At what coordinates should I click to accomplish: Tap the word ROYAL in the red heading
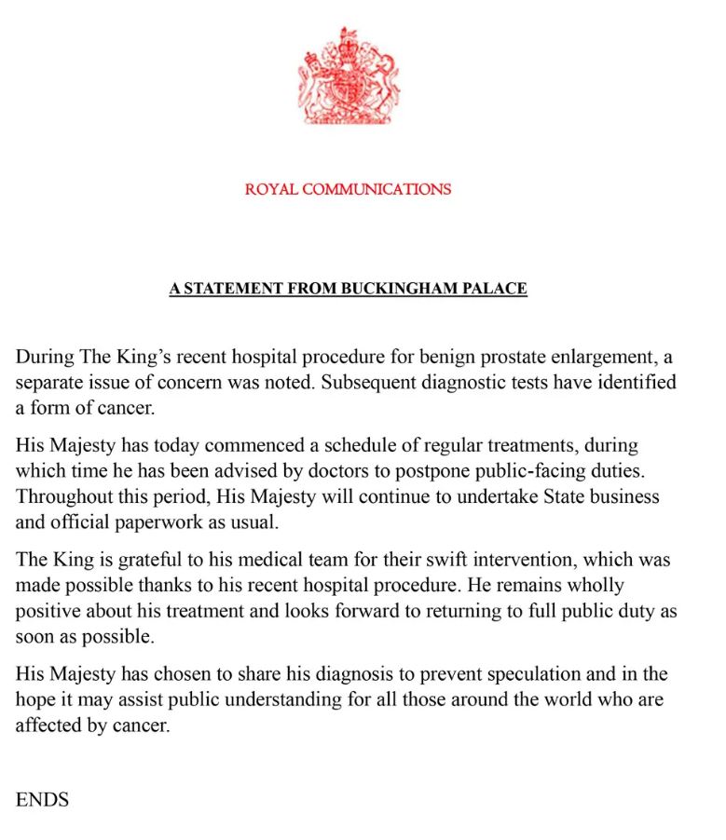(x=271, y=189)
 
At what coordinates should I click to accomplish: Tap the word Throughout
(x=62, y=496)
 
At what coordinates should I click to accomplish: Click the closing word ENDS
(x=42, y=799)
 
